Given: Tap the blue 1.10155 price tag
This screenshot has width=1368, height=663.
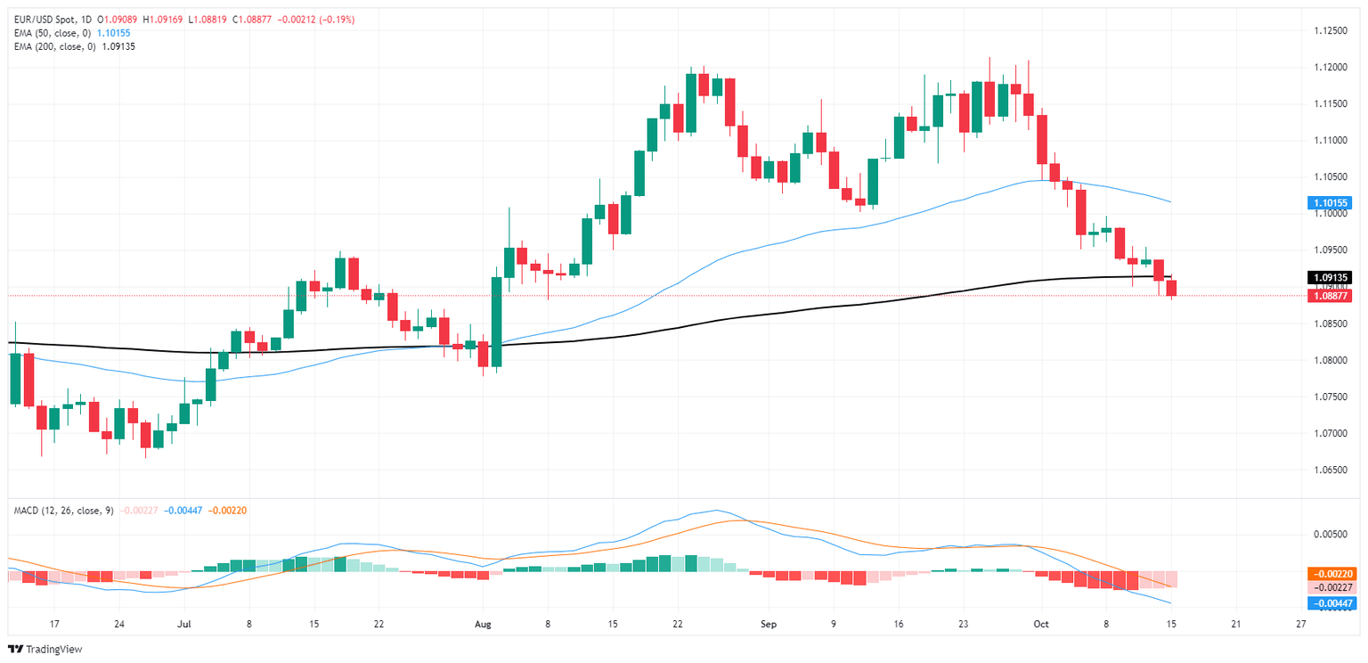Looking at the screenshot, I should click(x=1329, y=202).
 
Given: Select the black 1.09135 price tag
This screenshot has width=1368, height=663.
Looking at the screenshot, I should click(x=1329, y=277).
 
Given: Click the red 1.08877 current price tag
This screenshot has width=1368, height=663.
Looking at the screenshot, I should click(x=1329, y=296).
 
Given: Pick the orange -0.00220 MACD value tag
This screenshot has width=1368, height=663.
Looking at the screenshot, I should click(x=1331, y=574).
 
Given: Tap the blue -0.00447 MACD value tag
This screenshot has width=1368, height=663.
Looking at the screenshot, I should click(x=1331, y=603).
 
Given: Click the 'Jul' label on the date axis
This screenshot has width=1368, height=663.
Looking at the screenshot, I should click(x=184, y=625).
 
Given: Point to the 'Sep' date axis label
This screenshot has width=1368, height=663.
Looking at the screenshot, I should click(x=769, y=625).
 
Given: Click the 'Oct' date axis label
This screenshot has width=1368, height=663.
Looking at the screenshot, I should click(x=1042, y=625).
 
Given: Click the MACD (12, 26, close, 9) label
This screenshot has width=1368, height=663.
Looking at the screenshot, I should click(x=63, y=510).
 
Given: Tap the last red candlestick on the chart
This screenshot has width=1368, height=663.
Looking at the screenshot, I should click(x=1171, y=288).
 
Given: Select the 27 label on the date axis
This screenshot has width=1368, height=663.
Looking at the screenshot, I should click(x=1301, y=625).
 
